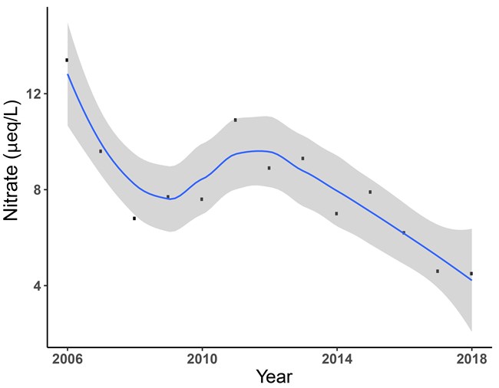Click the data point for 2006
[67, 60]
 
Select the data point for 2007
[101, 151]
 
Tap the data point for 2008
[134, 219]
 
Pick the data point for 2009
[168, 196]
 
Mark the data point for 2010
[202, 199]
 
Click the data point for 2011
[236, 120]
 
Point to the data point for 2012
[269, 168]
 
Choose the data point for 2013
[303, 159]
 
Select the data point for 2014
[336, 214]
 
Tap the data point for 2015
[370, 192]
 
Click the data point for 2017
[438, 271]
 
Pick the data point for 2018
[471, 274]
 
